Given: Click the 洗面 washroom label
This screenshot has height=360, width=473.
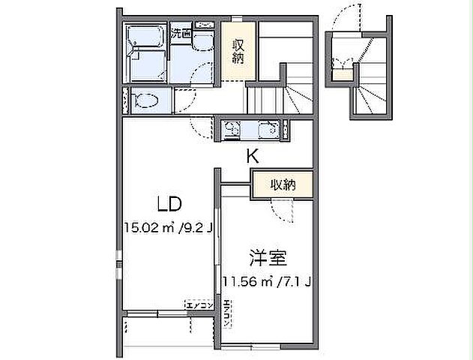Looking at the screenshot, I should click(x=180, y=33).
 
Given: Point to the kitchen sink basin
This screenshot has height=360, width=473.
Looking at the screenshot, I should click(x=268, y=130).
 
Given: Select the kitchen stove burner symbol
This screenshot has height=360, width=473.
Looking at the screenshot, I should click(x=232, y=130).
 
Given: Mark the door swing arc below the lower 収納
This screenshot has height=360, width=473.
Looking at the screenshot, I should click(x=283, y=211).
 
